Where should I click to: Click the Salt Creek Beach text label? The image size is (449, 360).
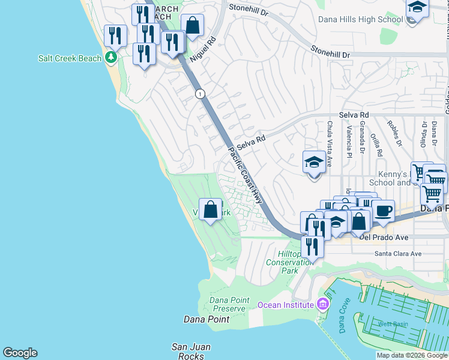point(70,58)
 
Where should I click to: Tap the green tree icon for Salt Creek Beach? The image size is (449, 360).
point(110,58)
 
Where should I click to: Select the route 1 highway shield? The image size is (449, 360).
point(200,94)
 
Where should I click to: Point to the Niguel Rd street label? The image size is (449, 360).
point(202,52)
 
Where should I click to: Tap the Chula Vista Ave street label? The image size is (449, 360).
point(330,139)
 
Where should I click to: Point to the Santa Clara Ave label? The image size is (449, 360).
point(398,253)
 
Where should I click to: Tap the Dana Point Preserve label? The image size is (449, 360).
point(228,304)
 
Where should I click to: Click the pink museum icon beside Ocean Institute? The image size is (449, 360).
point(324,305)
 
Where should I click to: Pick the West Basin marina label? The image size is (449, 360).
point(393,324)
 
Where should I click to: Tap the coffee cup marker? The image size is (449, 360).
point(383,211)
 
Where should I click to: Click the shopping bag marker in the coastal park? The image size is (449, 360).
point(210,210)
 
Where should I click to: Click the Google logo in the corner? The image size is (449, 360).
point(20,353)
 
